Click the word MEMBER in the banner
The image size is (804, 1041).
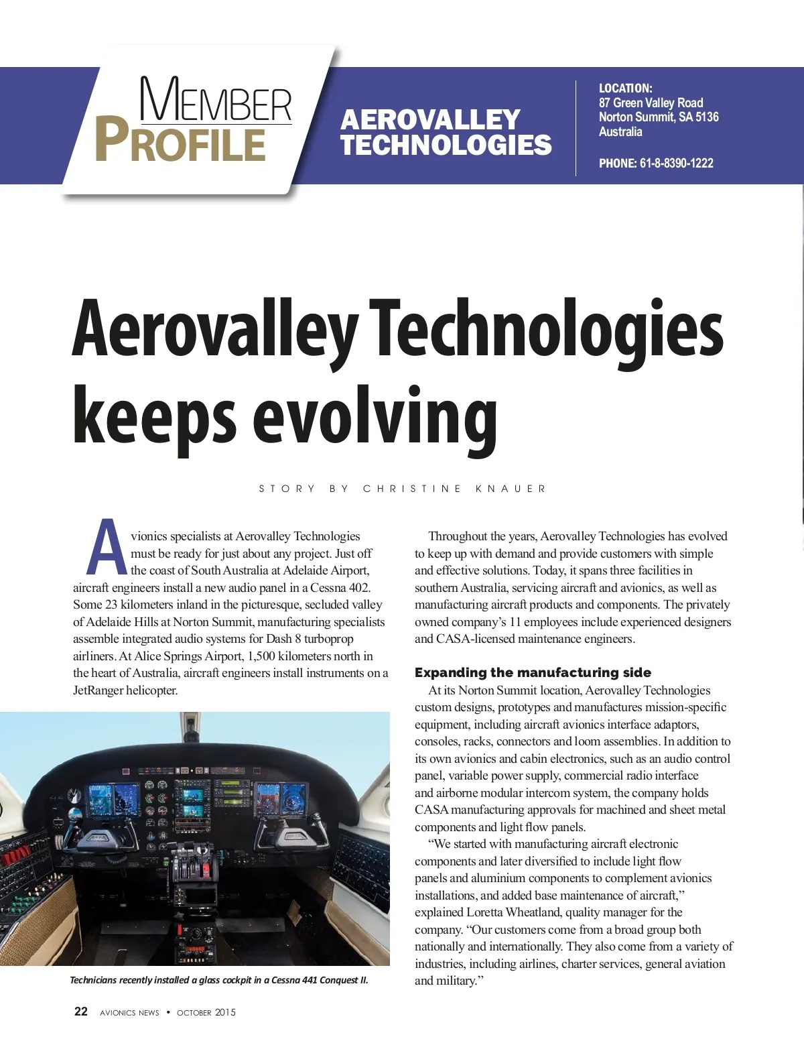click(x=216, y=101)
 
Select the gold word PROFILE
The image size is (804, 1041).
click(x=180, y=141)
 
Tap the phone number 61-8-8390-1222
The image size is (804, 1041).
click(x=676, y=163)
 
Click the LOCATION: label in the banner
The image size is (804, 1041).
click(x=625, y=88)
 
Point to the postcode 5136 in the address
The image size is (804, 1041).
click(x=707, y=117)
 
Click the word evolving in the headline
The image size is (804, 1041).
click(x=375, y=417)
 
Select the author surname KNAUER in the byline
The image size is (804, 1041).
click(x=511, y=489)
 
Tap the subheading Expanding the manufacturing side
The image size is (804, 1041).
click(x=533, y=672)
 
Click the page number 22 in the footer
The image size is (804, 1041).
click(x=80, y=1012)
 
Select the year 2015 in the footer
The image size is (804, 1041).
click(x=225, y=1012)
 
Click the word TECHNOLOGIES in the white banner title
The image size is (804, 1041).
click(x=446, y=145)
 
